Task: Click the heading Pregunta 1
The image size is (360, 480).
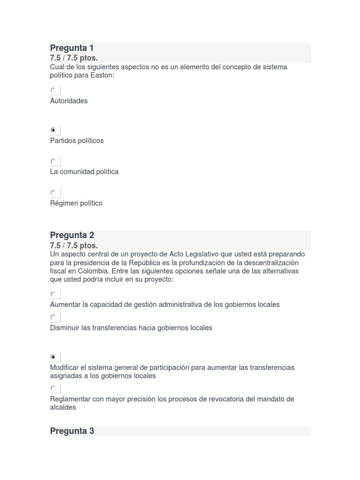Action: click(72, 48)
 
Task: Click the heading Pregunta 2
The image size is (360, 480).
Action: click(72, 235)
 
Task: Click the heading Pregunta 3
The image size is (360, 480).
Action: click(72, 431)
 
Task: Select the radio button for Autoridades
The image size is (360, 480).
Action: click(53, 90)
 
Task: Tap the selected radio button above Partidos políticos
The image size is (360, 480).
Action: click(53, 130)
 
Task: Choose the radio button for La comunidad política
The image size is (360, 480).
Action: click(53, 161)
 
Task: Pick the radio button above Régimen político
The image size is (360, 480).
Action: click(53, 192)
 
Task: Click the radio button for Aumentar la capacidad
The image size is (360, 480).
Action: click(53, 294)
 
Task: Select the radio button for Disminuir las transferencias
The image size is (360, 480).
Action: click(53, 317)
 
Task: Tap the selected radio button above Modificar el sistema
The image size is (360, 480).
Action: click(53, 357)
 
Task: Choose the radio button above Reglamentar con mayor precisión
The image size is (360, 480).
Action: click(53, 388)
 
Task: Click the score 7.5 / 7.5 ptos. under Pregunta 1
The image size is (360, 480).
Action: click(74, 58)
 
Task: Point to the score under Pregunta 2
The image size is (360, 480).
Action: click(74, 245)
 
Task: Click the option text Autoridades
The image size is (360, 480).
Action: click(68, 101)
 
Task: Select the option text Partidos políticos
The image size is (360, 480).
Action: click(76, 141)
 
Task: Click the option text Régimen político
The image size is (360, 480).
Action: click(76, 203)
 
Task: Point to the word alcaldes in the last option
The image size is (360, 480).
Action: click(63, 407)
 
